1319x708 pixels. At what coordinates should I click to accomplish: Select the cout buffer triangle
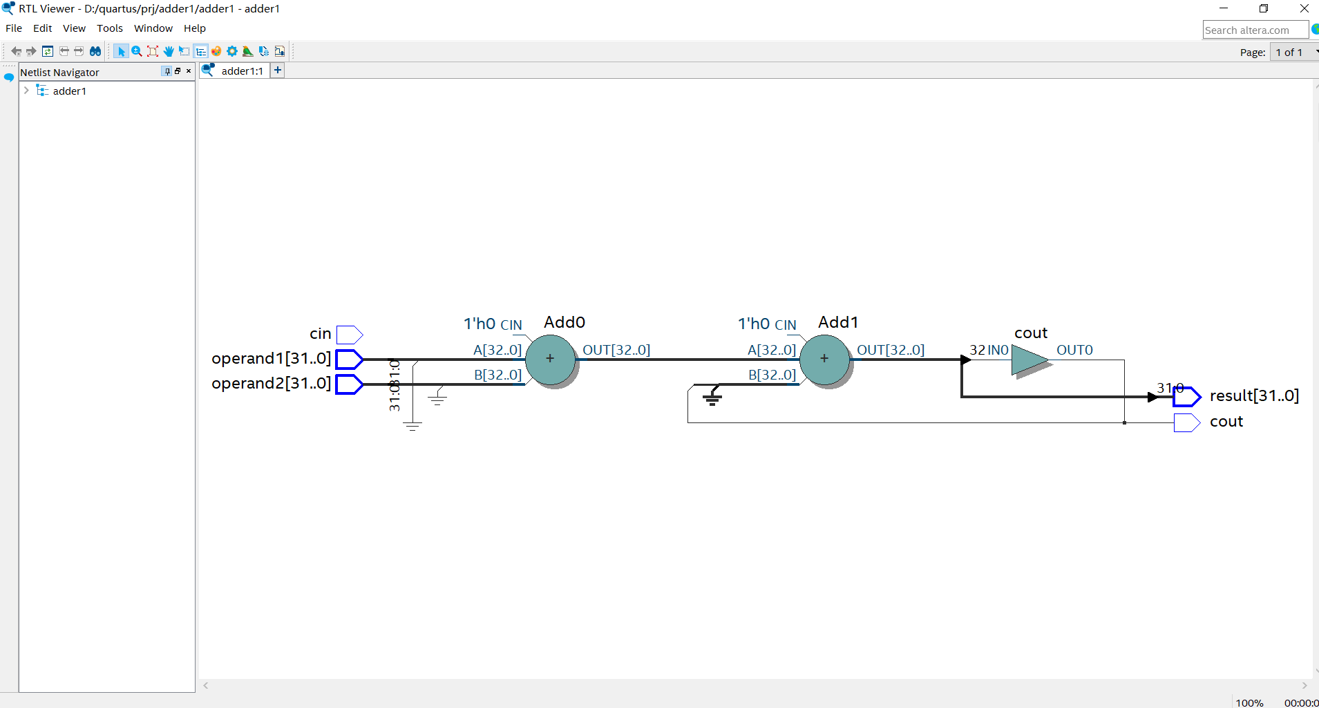tap(1029, 360)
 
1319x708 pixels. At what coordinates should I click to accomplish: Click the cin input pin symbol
tap(349, 335)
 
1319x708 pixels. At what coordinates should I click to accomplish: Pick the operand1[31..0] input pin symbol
tap(349, 359)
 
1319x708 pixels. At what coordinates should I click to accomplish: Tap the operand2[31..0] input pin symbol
tap(349, 384)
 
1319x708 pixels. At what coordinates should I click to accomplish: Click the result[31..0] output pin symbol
tap(1186, 396)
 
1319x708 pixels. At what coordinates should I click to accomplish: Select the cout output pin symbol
tap(1186, 422)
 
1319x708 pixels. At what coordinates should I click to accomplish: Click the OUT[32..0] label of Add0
tap(616, 350)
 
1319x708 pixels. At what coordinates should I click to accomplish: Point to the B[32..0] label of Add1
tap(772, 375)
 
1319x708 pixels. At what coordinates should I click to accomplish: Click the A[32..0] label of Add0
tap(497, 350)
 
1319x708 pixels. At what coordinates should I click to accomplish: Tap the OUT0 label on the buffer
tap(1074, 350)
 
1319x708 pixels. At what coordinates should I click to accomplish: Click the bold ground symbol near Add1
tap(712, 396)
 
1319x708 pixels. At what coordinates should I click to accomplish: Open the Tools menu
tap(109, 28)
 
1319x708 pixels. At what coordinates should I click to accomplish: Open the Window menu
tap(153, 28)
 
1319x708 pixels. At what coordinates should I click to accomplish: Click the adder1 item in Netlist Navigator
tap(69, 91)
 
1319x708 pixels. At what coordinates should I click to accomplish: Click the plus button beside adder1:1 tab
tap(277, 70)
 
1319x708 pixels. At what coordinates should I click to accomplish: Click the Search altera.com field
tap(1254, 30)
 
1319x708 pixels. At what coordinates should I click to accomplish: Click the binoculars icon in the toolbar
tap(95, 51)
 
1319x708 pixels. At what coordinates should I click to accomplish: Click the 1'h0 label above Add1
tap(753, 324)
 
